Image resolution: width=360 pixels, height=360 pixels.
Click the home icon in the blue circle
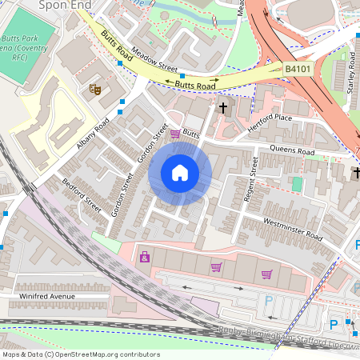(180, 173)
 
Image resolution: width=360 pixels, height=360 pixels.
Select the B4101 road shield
(299, 70)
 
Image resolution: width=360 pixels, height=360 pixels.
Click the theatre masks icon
(94, 88)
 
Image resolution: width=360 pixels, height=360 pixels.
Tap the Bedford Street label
(82, 196)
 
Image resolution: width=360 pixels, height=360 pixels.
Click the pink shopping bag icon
(145, 257)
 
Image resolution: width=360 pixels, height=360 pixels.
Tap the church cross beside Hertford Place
(224, 107)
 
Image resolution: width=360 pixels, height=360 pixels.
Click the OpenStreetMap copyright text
(81, 354)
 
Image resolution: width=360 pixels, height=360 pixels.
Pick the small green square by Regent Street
(297, 184)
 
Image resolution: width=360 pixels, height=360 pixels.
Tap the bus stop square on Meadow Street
(182, 76)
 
